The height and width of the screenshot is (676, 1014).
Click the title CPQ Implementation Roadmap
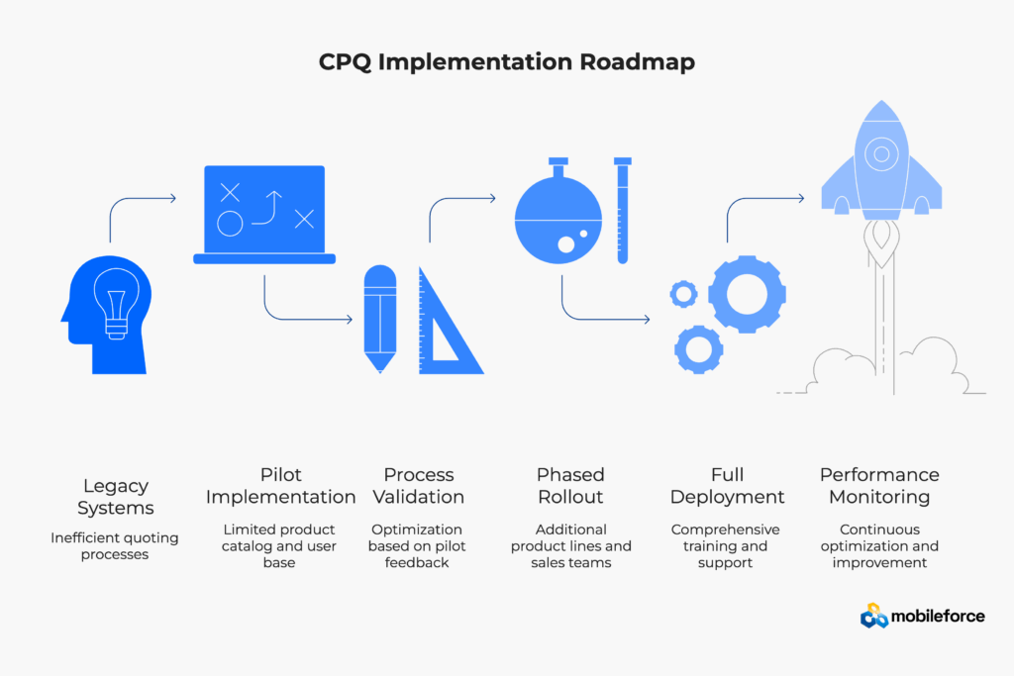click(506, 61)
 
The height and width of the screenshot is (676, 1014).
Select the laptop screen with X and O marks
click(263, 209)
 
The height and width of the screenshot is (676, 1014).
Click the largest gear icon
click(747, 293)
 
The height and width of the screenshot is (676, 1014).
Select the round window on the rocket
click(880, 154)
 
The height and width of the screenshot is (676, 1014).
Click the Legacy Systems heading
click(115, 497)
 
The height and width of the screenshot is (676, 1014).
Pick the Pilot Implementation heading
click(280, 486)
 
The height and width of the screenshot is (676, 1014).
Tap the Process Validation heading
click(419, 486)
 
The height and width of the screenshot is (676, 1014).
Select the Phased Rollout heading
click(570, 486)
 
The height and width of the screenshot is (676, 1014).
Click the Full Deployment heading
click(727, 486)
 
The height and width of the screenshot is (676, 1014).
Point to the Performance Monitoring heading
click(879, 486)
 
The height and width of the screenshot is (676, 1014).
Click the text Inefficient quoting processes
click(115, 546)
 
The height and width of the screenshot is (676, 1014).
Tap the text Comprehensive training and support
click(726, 546)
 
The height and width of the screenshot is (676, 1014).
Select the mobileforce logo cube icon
click(873, 617)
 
